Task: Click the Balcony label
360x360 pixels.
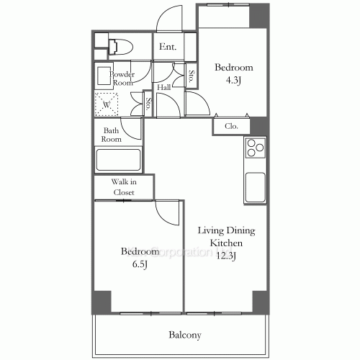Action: pyautogui.click(x=184, y=335)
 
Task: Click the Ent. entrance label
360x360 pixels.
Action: pyautogui.click(x=168, y=48)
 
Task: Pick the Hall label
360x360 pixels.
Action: pyautogui.click(x=163, y=88)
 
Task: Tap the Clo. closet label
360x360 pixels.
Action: pyautogui.click(x=231, y=126)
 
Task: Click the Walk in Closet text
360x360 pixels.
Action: pyautogui.click(x=123, y=187)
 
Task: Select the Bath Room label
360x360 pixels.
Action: pyautogui.click(x=111, y=135)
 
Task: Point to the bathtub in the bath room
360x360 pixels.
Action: pyautogui.click(x=120, y=158)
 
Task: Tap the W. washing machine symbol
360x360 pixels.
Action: pyautogui.click(x=107, y=104)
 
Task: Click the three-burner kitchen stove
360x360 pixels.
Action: pyautogui.click(x=256, y=148)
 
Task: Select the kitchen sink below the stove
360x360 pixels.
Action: pyautogui.click(x=256, y=189)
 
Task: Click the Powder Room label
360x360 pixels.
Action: pyautogui.click(x=122, y=78)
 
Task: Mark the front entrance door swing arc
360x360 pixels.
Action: pyautogui.click(x=171, y=18)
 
